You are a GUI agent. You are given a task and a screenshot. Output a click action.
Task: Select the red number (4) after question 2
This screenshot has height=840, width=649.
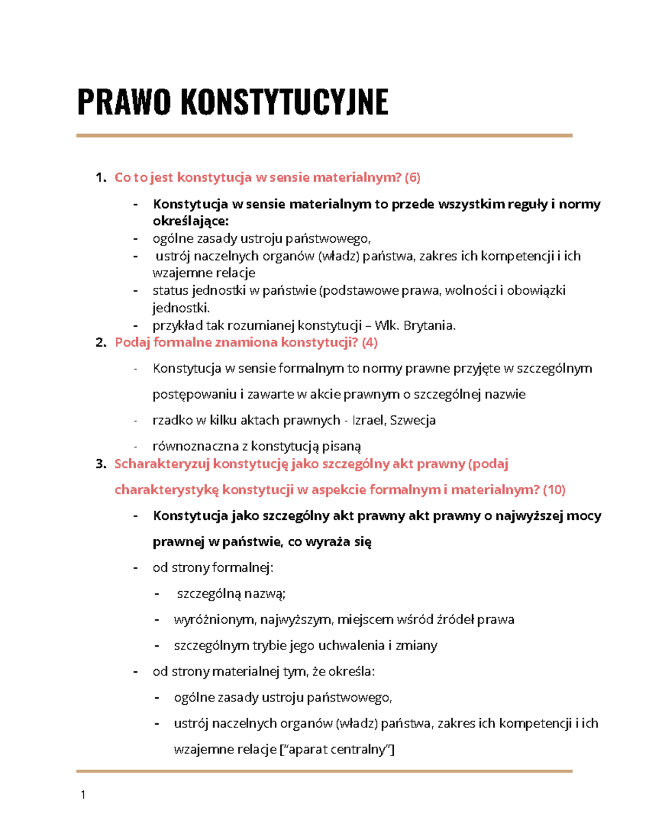(x=370, y=342)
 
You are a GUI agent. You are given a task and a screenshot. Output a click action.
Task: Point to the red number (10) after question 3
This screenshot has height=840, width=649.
(x=554, y=490)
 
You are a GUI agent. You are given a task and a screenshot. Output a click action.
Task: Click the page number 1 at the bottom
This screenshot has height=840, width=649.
(x=83, y=795)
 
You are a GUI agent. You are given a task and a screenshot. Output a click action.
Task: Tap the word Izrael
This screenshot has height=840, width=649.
(x=368, y=420)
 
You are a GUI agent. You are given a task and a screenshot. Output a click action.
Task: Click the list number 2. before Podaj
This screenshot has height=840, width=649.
(x=101, y=342)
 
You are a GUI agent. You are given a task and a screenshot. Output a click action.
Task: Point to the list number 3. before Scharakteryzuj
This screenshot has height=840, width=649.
(x=101, y=464)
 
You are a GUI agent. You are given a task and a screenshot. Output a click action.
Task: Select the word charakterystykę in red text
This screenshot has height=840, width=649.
(x=167, y=490)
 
